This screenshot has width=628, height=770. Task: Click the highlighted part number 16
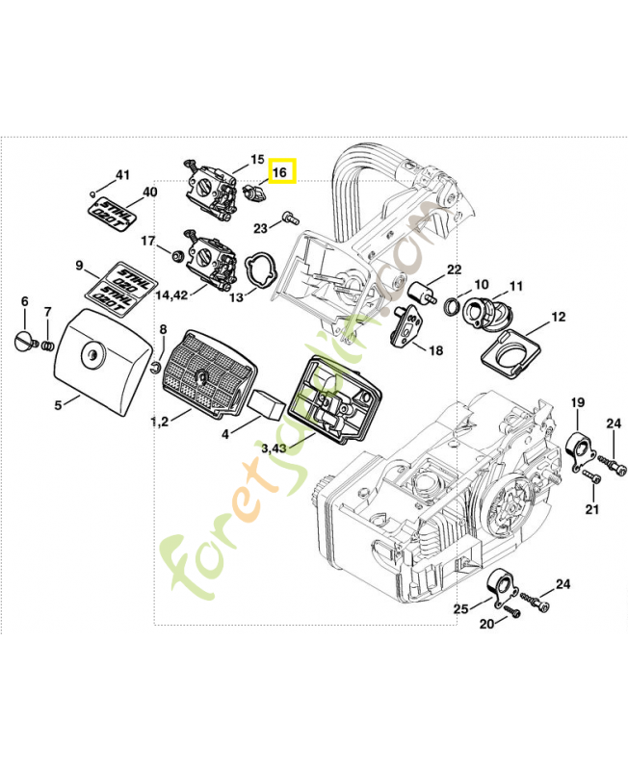coord(279,172)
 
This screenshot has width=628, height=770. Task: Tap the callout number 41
coord(122,175)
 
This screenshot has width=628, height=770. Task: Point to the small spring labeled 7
coord(47,346)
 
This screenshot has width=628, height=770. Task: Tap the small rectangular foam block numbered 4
coord(266,404)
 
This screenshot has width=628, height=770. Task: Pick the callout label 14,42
coord(171,295)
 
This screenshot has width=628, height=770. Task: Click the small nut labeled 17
coord(177,255)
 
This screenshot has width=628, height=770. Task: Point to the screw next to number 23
coord(291,218)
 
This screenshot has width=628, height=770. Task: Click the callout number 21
coord(592,509)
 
